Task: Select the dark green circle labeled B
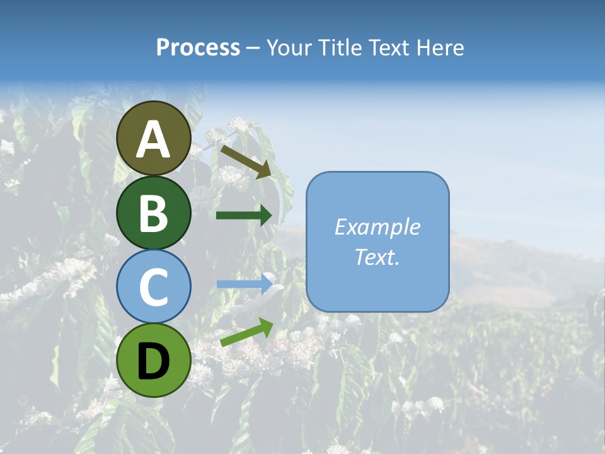[153, 212]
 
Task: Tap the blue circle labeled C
[153, 286]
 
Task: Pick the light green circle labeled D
[153, 360]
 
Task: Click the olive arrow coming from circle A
[245, 160]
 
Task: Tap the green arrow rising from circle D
[246, 332]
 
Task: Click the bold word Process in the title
[198, 48]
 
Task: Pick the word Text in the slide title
[389, 48]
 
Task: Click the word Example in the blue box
[377, 227]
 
